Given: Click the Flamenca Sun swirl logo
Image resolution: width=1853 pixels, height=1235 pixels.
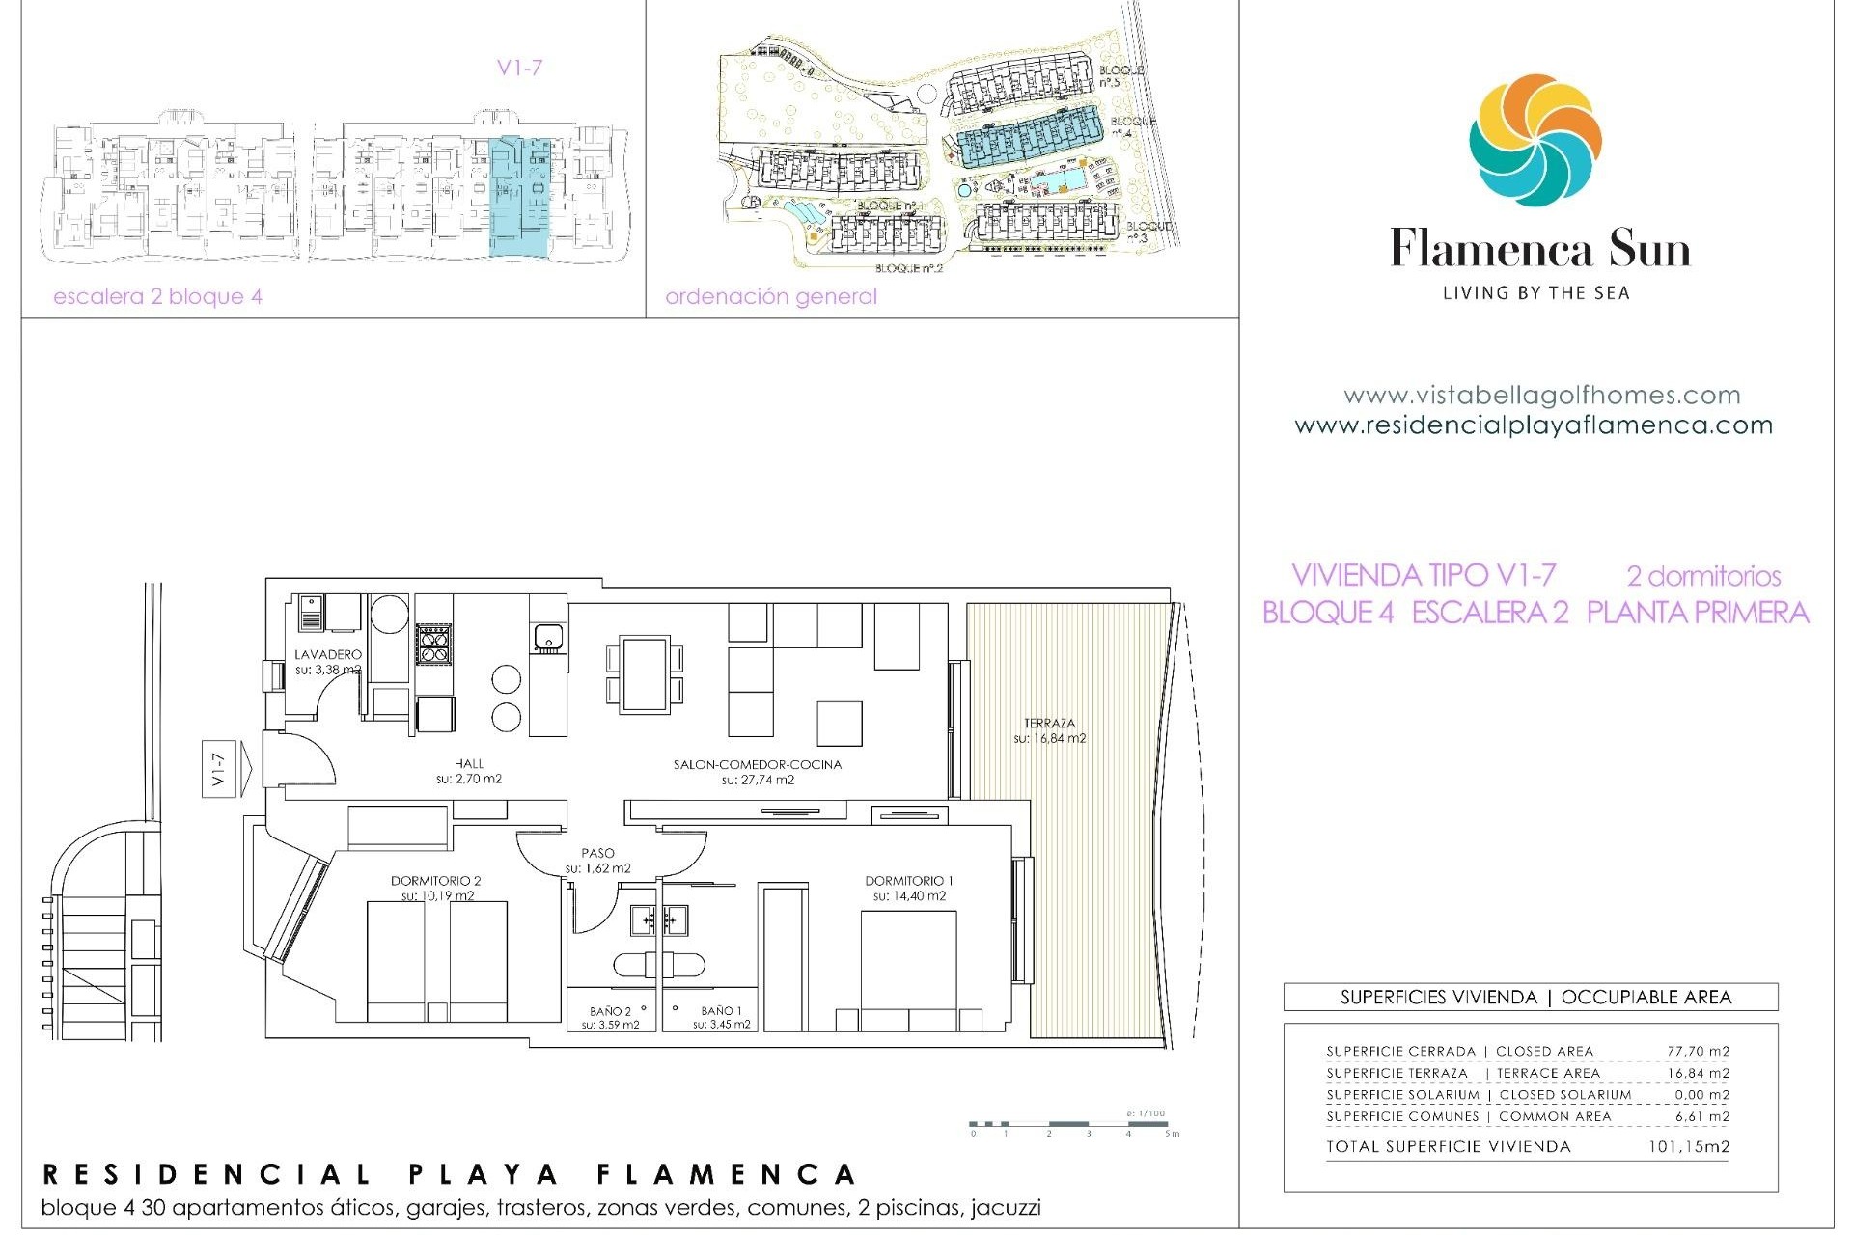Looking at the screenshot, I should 1535,140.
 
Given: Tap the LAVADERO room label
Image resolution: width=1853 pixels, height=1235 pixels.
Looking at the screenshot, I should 328,654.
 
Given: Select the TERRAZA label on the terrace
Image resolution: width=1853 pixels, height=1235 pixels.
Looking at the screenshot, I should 1049,723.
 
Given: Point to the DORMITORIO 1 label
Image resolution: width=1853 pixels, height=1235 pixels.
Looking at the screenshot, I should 908,880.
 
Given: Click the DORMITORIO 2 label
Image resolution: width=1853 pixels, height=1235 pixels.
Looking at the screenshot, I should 435,880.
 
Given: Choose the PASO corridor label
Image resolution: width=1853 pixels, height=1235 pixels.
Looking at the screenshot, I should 597,853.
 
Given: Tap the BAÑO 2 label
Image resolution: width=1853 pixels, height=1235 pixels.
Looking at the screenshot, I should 610,1011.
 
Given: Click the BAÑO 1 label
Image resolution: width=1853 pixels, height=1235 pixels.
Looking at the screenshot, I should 721,1011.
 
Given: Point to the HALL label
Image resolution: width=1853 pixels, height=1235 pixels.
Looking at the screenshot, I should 468,763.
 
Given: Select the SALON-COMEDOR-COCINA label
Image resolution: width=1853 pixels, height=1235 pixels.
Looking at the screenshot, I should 758,764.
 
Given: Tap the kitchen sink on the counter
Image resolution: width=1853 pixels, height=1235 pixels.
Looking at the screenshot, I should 548,636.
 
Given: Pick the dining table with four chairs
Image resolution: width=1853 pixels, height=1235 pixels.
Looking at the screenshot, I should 645,674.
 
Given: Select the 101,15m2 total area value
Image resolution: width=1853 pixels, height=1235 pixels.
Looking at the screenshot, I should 1688,1147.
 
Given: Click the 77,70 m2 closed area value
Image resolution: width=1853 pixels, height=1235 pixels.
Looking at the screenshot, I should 1698,1051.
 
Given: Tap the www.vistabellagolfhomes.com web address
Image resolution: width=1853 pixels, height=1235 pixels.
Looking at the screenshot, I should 1541,395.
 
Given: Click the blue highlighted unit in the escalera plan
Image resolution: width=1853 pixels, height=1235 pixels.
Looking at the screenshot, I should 520,198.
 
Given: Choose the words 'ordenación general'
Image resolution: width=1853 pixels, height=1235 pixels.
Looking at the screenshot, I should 771,296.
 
